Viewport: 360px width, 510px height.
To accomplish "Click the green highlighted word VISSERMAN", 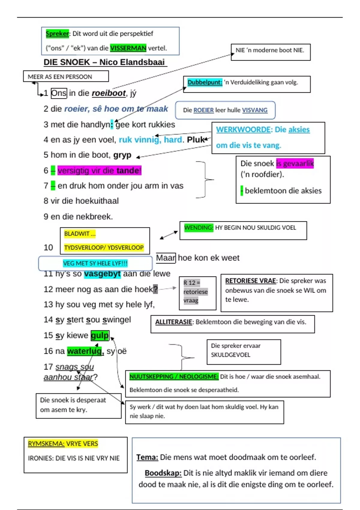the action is pos(128,48).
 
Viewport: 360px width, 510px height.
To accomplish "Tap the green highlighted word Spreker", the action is pos(57,34).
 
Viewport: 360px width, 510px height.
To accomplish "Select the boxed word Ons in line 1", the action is pos(59,93).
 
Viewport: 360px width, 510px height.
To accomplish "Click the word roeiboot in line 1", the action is pos(109,93).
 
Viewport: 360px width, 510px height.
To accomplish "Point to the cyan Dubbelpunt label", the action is pos(205,82).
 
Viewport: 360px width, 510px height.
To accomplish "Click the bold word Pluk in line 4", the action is pos(196,139).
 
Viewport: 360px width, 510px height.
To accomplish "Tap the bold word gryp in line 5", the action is pos(122,155).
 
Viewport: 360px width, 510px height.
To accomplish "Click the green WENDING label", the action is pos(199,227).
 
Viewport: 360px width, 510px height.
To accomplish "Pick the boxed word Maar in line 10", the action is pos(166,258).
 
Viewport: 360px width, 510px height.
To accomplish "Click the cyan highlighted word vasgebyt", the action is pos(102,273).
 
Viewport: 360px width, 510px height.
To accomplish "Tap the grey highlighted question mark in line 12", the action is pos(155,289).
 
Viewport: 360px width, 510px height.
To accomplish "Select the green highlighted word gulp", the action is pos(100,335).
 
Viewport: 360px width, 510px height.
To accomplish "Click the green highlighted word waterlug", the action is pos(85,351).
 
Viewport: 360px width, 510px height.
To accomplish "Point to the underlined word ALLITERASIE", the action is pos(173,322).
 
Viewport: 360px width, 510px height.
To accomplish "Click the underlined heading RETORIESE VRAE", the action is pos(250,280).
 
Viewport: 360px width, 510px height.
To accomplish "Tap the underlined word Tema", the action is pos(147,457).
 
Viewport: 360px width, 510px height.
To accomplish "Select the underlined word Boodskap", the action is pos(163,473).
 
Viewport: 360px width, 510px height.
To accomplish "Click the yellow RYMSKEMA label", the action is pos(46,443).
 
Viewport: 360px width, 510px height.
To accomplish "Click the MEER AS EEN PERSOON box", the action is pos(66,76).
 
